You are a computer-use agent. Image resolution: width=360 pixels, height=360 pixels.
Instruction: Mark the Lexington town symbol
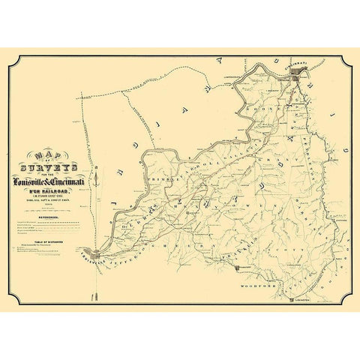click(x=291, y=299)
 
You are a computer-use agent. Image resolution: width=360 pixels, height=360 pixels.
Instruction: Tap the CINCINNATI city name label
click(x=297, y=64)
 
